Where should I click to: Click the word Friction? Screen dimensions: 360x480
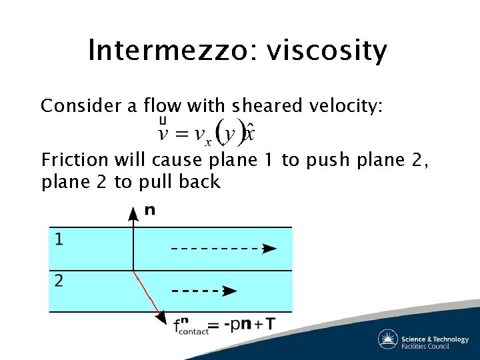point(74,160)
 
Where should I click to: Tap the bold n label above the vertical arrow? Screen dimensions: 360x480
point(150,210)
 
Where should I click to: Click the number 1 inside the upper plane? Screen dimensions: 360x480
point(59,239)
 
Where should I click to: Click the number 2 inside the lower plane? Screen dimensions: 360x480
point(59,281)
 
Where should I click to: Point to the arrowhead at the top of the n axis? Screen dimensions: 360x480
point(133,213)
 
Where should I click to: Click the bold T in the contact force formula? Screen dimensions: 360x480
point(270,325)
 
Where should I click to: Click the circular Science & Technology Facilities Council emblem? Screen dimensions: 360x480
point(387,339)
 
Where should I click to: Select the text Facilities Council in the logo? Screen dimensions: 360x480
point(434,346)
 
